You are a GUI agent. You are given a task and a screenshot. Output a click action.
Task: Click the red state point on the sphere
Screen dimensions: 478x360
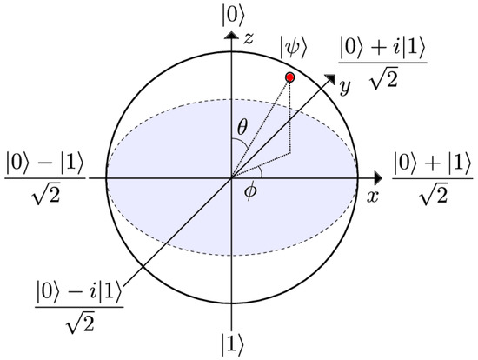[x=289, y=78]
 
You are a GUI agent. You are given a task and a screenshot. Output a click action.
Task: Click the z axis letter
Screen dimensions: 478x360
[x=250, y=38]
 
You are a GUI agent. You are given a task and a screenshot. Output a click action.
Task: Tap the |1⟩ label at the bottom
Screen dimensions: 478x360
[x=230, y=341]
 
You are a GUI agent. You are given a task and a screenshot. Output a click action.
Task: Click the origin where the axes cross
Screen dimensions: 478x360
[x=230, y=177]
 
